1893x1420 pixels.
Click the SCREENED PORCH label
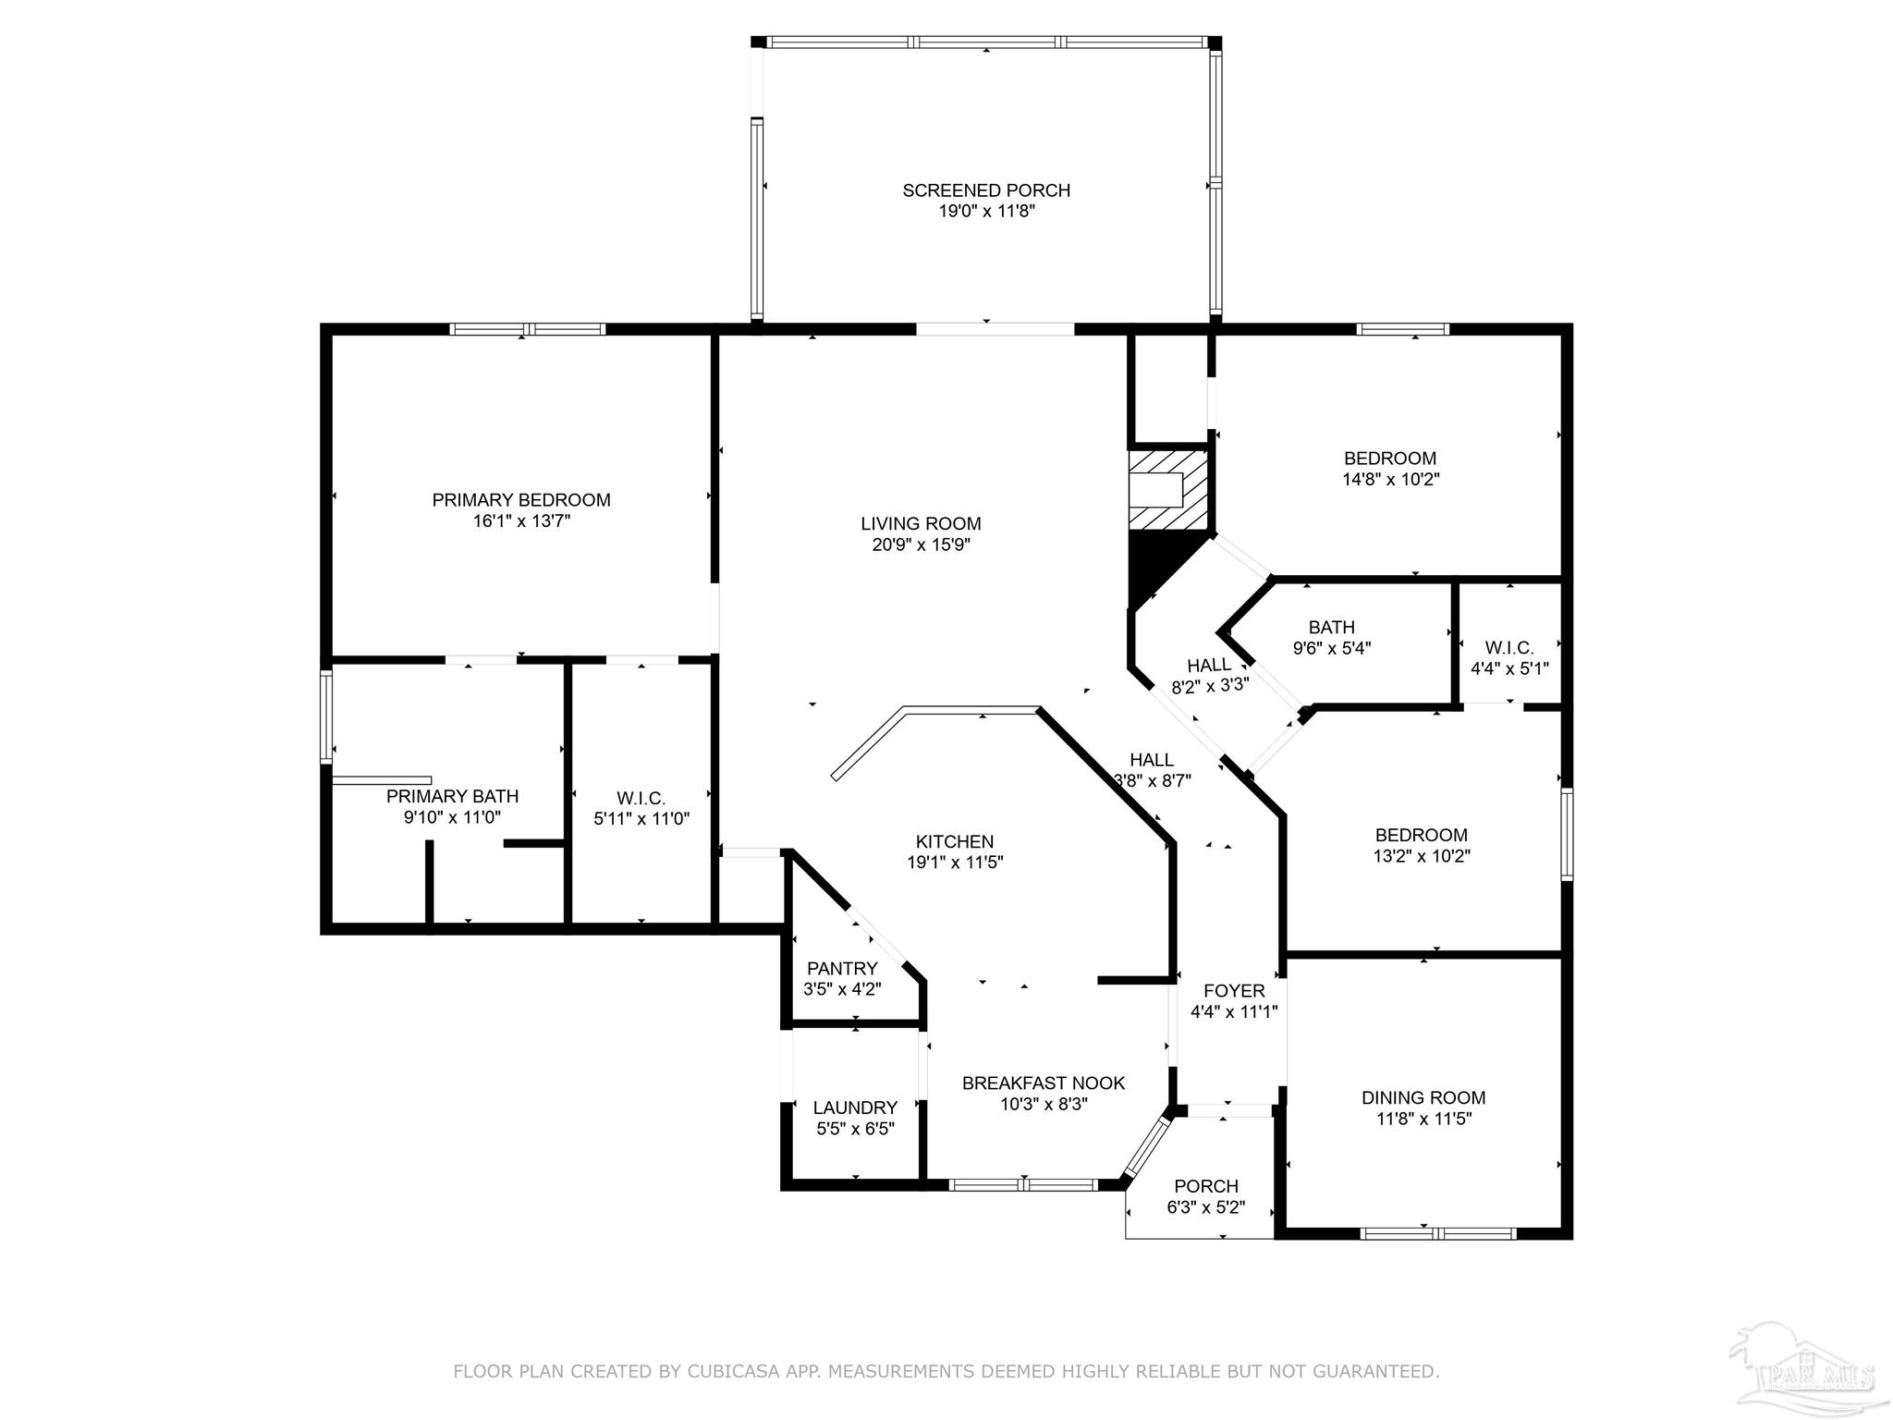click(986, 190)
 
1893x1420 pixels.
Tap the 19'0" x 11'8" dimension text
click(986, 212)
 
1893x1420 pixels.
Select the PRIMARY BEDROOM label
click(521, 500)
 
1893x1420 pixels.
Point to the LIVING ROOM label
click(921, 524)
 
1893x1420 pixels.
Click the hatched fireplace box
click(1168, 490)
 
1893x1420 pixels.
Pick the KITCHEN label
click(955, 841)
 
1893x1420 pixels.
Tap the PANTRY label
click(842, 968)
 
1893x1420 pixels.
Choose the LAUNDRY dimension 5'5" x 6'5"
click(855, 1129)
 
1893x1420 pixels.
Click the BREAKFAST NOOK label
click(1044, 1083)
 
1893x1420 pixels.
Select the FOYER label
click(1234, 990)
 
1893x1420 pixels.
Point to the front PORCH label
click(1206, 1186)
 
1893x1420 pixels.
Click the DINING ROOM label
click(1423, 1097)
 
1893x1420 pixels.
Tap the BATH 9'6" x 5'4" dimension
click(1332, 648)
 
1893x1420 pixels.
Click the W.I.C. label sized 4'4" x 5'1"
click(1509, 647)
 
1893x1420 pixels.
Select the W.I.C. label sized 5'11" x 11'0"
click(641, 798)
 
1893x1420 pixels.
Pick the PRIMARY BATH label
click(452, 796)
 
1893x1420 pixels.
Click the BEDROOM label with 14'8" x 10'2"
click(1390, 459)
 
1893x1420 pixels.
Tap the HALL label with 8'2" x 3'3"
click(1209, 665)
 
